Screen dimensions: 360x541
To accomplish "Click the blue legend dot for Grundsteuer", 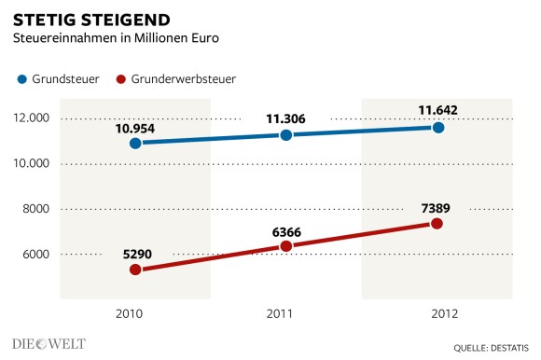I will [21, 80].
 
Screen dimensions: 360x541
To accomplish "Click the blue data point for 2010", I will [135, 144].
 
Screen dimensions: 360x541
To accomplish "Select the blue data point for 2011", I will [286, 135].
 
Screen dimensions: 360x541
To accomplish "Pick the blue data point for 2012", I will [437, 127].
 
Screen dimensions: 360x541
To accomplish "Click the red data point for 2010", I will [135, 270].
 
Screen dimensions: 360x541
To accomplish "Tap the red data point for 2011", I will [286, 246].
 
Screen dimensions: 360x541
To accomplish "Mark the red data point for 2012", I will [437, 224].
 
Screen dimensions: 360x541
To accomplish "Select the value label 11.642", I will [437, 109].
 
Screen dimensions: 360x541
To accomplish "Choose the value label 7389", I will [437, 205].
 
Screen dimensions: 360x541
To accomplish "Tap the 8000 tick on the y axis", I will [36, 209].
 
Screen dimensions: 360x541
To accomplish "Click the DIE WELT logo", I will [49, 343].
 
